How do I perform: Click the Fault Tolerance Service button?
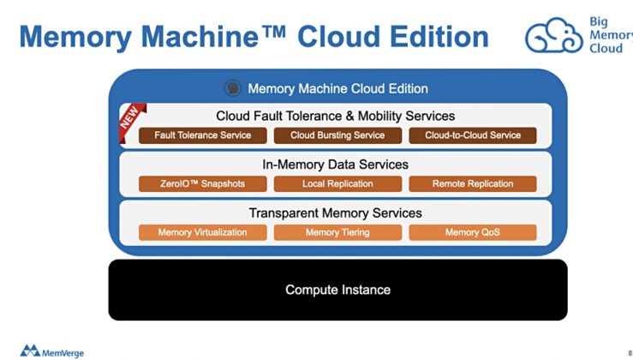(202, 135)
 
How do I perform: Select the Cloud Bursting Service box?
(337, 135)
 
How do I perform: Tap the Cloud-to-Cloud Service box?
(473, 135)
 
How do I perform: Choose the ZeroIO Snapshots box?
(202, 183)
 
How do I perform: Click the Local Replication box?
(337, 183)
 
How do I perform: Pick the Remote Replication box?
(473, 183)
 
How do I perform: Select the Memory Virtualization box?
(202, 232)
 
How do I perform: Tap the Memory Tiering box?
(337, 232)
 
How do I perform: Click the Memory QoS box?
(473, 232)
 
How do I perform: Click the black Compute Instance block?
(337, 290)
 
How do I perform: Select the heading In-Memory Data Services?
(335, 165)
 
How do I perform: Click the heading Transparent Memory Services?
(335, 213)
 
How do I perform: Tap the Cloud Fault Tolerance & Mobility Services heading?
(335, 116)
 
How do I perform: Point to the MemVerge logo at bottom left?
(51, 350)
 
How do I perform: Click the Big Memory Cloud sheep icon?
(554, 36)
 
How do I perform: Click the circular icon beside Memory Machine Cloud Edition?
(231, 87)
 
